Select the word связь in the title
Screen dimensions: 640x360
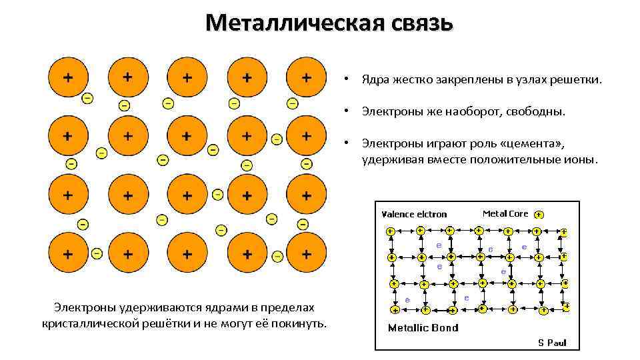pyautogui.click(x=418, y=23)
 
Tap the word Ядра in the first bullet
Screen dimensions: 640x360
pyautogui.click(x=374, y=80)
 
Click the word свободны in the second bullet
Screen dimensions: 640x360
pyautogui.click(x=533, y=111)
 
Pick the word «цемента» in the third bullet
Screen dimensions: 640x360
pyautogui.click(x=529, y=143)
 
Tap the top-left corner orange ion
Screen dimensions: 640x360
pyautogui.click(x=67, y=77)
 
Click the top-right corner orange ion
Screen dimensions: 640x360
pyautogui.click(x=306, y=77)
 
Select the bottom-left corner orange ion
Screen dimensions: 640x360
pyautogui.click(x=67, y=254)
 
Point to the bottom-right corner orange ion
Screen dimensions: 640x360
pyautogui.click(x=306, y=254)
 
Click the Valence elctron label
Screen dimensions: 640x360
pyautogui.click(x=414, y=214)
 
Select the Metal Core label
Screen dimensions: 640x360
pyautogui.click(x=505, y=213)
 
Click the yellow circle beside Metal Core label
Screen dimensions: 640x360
pyautogui.click(x=539, y=215)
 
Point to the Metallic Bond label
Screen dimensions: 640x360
pyautogui.click(x=423, y=327)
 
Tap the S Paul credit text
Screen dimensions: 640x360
pyautogui.click(x=552, y=343)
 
